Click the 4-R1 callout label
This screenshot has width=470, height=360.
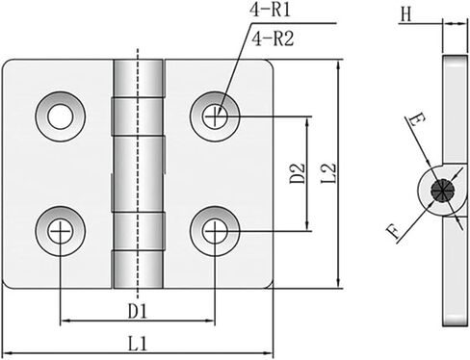tap(270, 9)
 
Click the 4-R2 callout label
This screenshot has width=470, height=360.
tap(273, 39)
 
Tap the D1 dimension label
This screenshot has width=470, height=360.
tap(138, 311)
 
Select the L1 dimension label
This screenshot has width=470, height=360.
tap(138, 344)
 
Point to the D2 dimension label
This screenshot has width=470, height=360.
tap(298, 173)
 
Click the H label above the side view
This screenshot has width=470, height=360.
tap(406, 14)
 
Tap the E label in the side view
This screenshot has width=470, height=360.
tap(417, 120)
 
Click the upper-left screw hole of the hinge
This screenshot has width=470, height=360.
tap(60, 116)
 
